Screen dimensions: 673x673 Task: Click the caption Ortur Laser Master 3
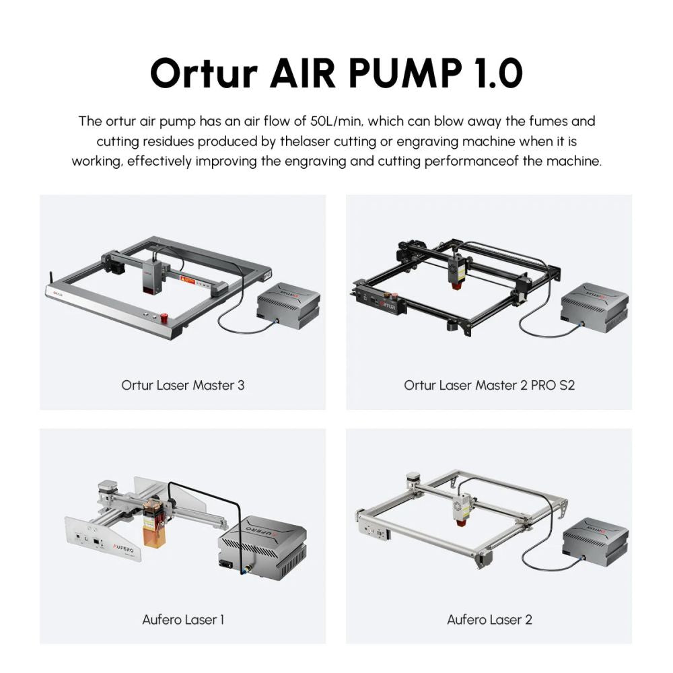click(x=183, y=386)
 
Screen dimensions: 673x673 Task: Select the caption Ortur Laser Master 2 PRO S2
click(x=489, y=386)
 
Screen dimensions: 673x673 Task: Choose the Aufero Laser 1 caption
click(x=183, y=619)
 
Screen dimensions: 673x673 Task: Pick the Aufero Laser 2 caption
click(x=489, y=619)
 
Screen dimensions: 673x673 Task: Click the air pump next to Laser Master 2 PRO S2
click(x=595, y=308)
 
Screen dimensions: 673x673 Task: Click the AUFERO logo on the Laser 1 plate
click(x=123, y=550)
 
